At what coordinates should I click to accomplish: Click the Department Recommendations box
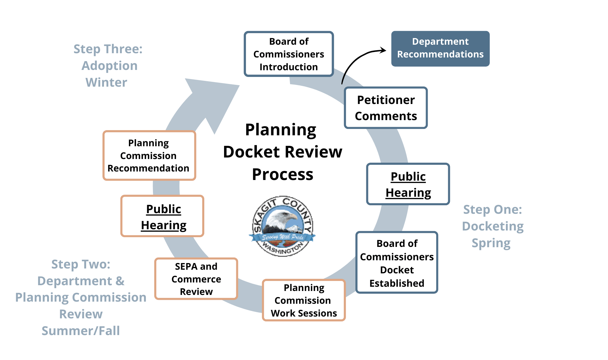pyautogui.click(x=440, y=48)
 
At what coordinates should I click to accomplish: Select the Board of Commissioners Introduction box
pyautogui.click(x=288, y=54)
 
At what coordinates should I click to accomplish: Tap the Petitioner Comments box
pyautogui.click(x=386, y=108)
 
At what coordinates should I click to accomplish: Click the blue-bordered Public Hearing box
pyautogui.click(x=408, y=184)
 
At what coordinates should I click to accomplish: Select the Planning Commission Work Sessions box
pyautogui.click(x=304, y=300)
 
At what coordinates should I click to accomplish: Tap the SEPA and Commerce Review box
pyautogui.click(x=196, y=279)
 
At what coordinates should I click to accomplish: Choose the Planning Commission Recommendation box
pyautogui.click(x=149, y=155)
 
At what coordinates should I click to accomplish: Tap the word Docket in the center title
pyautogui.click(x=251, y=152)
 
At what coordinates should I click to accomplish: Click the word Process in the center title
pyautogui.click(x=282, y=174)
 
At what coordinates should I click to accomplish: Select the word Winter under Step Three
pyautogui.click(x=106, y=82)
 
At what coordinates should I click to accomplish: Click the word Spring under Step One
pyautogui.click(x=491, y=243)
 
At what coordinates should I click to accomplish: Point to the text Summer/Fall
pyautogui.click(x=81, y=331)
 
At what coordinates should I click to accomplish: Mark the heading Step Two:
pyautogui.click(x=81, y=264)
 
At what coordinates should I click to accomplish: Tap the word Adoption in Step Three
pyautogui.click(x=109, y=66)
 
